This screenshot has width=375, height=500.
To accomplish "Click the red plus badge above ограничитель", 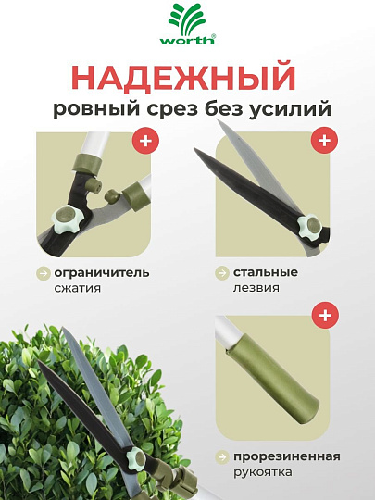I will [x=144, y=142].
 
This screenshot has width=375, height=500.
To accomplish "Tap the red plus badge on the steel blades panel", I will [x=324, y=142].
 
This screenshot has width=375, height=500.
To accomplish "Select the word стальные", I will [x=265, y=272].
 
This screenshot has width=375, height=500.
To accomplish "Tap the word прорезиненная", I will [x=287, y=456].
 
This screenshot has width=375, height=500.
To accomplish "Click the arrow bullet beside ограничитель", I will [x=43, y=273].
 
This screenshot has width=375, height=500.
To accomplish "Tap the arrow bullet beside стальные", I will [x=222, y=273].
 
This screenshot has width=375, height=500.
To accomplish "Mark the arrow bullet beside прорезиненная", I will [x=222, y=457].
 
